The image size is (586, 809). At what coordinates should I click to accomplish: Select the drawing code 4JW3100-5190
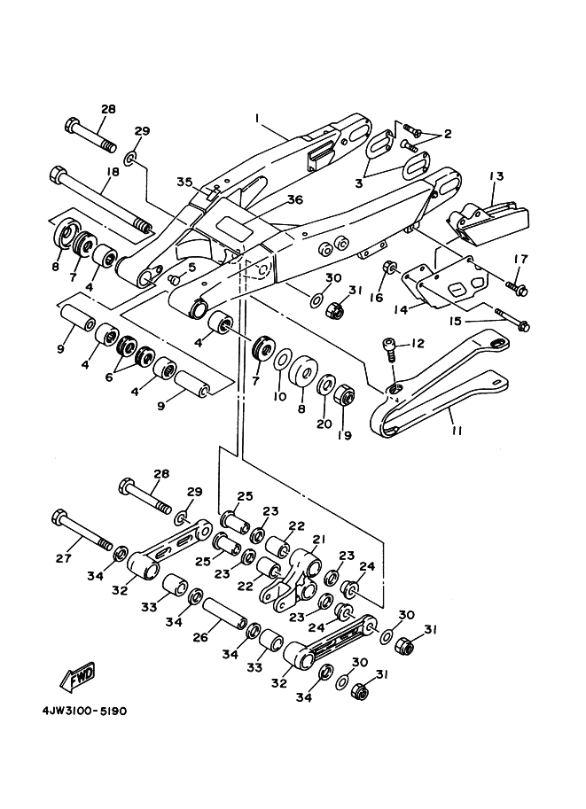click(85, 711)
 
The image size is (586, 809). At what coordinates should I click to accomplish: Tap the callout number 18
click(112, 171)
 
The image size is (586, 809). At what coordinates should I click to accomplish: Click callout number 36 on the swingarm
click(295, 199)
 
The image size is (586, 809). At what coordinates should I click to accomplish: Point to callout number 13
click(496, 176)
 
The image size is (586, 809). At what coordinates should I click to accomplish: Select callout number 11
click(457, 430)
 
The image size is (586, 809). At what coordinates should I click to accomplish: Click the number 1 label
click(256, 118)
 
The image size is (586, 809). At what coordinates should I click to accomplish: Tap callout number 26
click(200, 637)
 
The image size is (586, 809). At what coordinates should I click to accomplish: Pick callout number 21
click(318, 539)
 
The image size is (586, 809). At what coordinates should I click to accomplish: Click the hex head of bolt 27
click(59, 517)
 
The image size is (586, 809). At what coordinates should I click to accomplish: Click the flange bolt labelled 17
click(516, 288)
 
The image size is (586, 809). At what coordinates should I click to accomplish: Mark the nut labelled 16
click(389, 268)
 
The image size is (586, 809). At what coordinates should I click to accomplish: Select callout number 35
click(184, 183)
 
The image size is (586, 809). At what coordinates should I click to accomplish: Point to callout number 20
click(324, 424)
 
